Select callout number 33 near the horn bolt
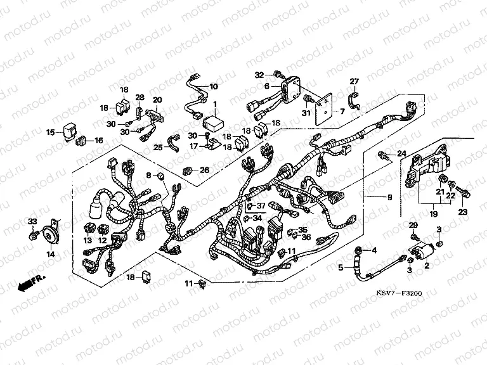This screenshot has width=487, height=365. pos(32,221)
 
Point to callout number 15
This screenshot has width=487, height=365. pos(50,133)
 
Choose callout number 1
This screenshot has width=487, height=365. pos(214,103)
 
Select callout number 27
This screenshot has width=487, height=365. pos(354,81)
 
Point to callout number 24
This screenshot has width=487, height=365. pos(401,154)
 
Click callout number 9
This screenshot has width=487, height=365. pos(389,198)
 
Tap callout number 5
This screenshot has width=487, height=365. pos(340,268)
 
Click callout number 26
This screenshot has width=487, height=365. pos(204,170)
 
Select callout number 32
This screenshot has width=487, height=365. pos(259,75)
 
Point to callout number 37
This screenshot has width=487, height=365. pos(261,206)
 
